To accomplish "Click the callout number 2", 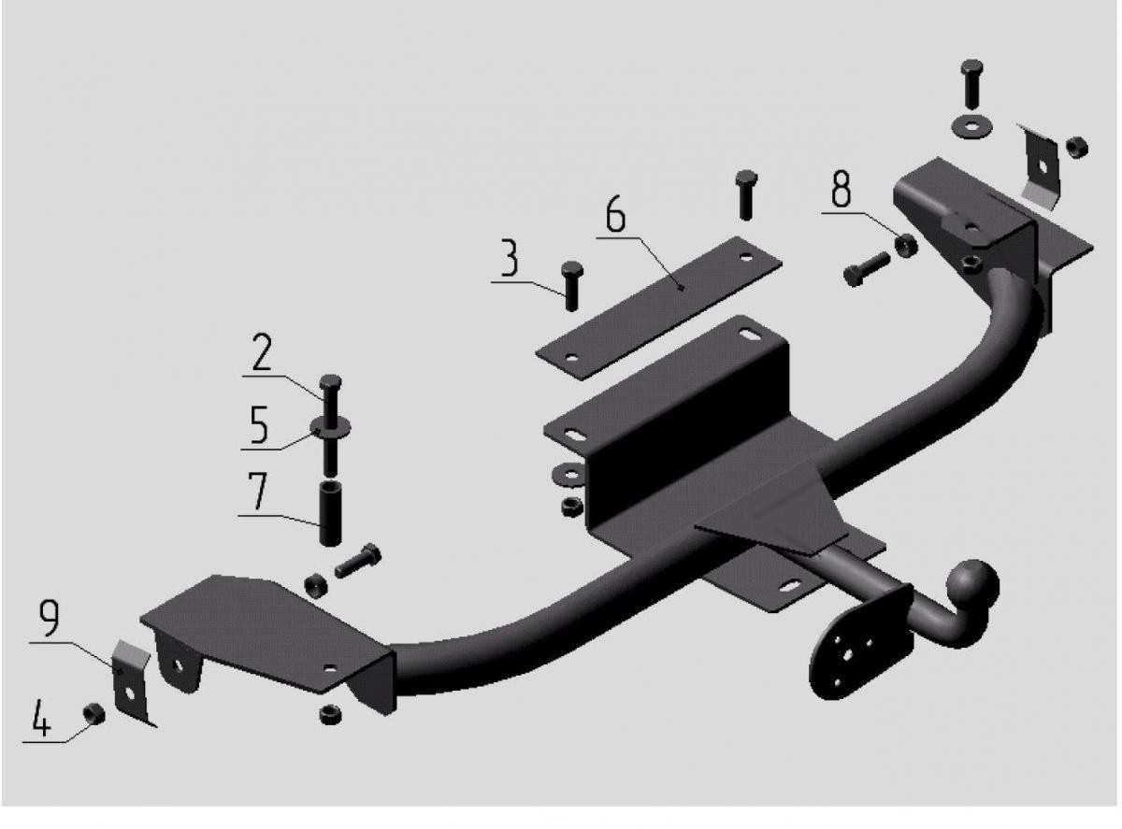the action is click(x=262, y=352).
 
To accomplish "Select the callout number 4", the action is click(x=41, y=718).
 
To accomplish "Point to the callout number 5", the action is click(x=258, y=425).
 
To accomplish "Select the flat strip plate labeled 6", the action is click(x=658, y=308).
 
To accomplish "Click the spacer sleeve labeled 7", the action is click(x=329, y=513).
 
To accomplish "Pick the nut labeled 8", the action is click(x=905, y=245).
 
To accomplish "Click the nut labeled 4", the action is click(x=94, y=714).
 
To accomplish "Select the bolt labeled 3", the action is click(x=571, y=286).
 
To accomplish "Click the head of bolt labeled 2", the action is click(x=330, y=383).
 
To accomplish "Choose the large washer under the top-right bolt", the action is click(x=971, y=128).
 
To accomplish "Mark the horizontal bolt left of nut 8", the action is click(x=866, y=269).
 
